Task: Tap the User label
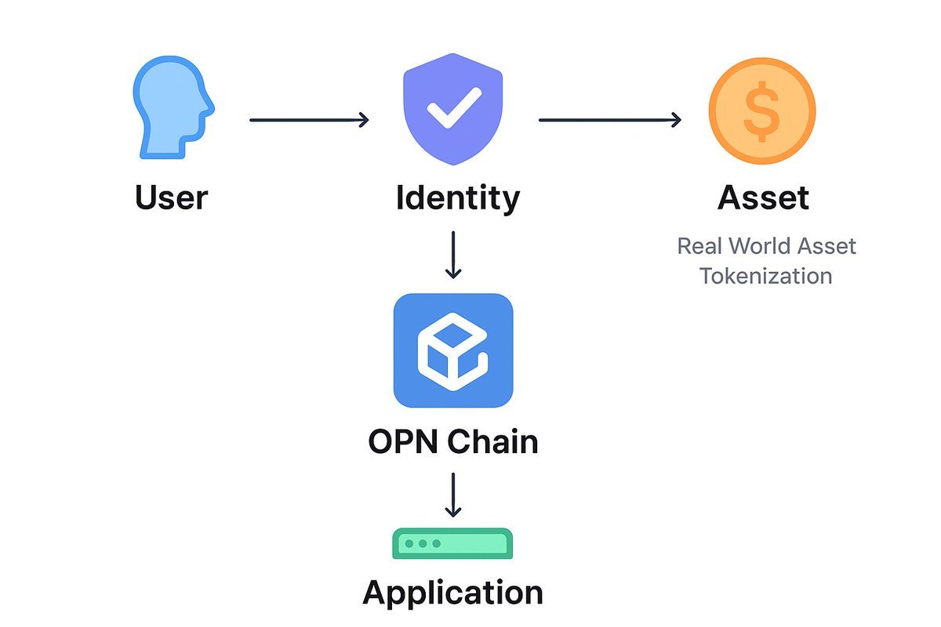tap(171, 197)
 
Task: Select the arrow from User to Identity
tap(308, 120)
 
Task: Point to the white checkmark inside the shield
tap(453, 109)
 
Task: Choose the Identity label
tap(457, 198)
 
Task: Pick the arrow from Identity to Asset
tap(609, 120)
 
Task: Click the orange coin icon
tap(761, 111)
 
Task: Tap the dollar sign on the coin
tap(761, 111)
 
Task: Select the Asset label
tap(763, 198)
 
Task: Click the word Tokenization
tap(766, 276)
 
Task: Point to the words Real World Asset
tap(766, 246)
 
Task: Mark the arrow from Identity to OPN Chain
tap(452, 254)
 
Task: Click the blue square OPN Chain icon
tap(452, 350)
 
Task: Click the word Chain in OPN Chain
tap(493, 441)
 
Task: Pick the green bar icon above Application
tap(452, 543)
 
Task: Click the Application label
tap(452, 592)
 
